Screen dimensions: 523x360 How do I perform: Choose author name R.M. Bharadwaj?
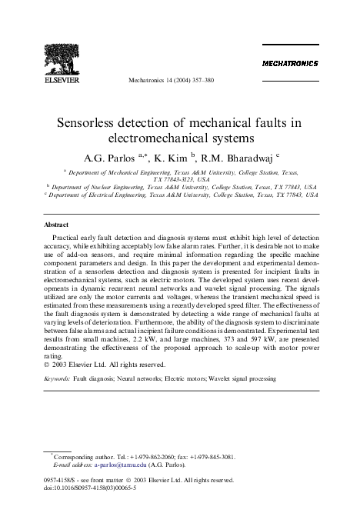coord(235,159)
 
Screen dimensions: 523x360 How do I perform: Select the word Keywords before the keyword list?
coord(61,379)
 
